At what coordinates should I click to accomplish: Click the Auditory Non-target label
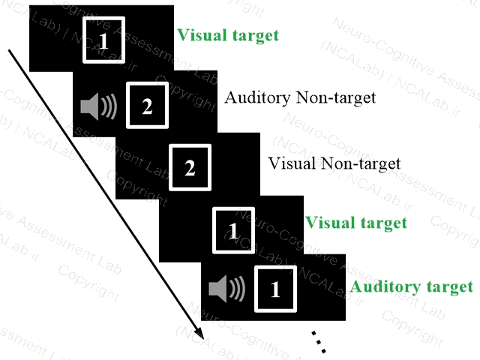[300, 97]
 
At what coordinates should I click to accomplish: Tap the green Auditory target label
[412, 286]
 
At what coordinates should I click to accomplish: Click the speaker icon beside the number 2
[99, 107]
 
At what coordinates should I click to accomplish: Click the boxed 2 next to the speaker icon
[147, 106]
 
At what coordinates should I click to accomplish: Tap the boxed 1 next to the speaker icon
[274, 289]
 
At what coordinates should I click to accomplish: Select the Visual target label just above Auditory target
[356, 222]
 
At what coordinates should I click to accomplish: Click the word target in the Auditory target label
[449, 286]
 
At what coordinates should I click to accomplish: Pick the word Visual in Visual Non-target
[286, 163]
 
